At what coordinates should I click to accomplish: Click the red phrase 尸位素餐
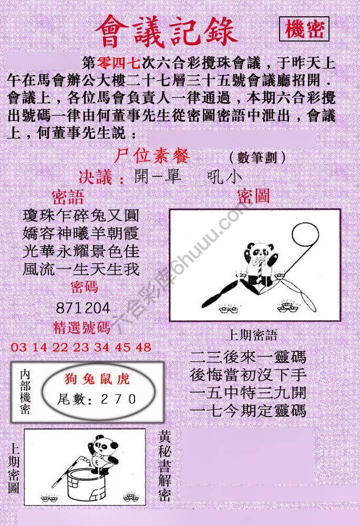151,156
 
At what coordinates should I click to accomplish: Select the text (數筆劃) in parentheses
257,157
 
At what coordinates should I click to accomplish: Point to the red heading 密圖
253,197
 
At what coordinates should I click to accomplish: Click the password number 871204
83,308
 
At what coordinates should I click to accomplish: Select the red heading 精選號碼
82,328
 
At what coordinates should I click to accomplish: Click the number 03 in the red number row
17,347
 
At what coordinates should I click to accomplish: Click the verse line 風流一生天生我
81,269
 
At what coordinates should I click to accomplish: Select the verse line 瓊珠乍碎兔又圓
81,216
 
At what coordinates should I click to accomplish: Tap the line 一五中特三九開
248,393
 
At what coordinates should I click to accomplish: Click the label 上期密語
251,335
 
